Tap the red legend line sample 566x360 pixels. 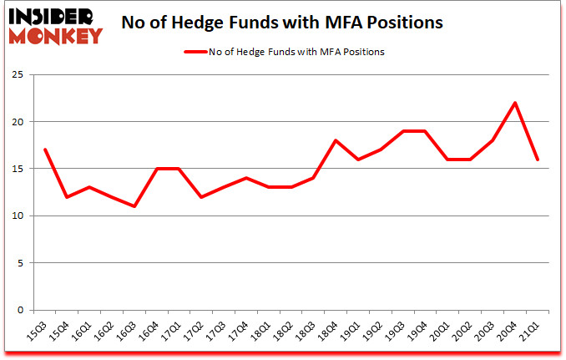tap(204, 52)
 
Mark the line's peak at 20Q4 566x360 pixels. tap(515, 103)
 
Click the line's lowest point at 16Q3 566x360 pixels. tap(134, 206)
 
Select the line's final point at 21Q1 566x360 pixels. tap(537, 160)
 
